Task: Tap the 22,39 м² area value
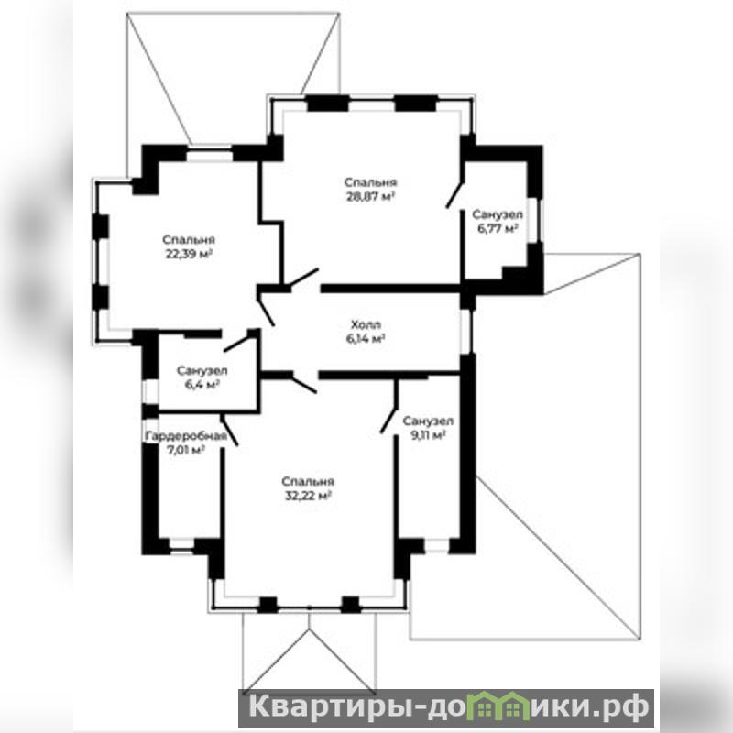click(x=190, y=254)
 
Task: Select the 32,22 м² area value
click(x=309, y=496)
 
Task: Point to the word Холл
click(x=366, y=324)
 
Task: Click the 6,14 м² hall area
click(x=366, y=338)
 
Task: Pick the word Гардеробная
click(x=186, y=436)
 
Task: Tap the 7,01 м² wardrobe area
click(x=186, y=450)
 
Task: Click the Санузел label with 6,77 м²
click(x=498, y=214)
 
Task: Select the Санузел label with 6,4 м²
click(x=202, y=371)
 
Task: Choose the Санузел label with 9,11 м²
click(x=428, y=421)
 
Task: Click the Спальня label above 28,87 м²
click(x=371, y=182)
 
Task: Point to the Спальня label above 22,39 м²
click(x=189, y=240)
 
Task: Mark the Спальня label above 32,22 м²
click(x=308, y=482)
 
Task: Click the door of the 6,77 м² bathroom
click(x=455, y=193)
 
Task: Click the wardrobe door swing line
click(x=229, y=430)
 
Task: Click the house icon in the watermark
click(x=500, y=707)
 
